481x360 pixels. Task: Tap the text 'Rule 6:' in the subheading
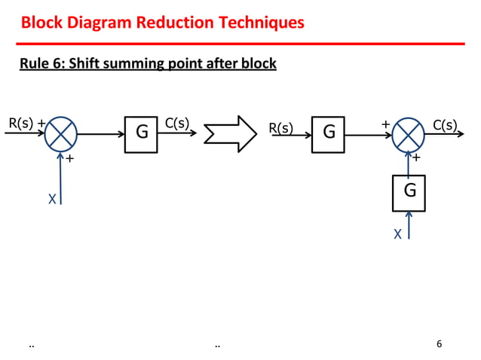43,64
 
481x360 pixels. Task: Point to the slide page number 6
440,344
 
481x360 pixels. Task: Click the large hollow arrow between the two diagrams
231,134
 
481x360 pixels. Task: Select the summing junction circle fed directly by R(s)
60,135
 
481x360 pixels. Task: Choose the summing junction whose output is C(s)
408,136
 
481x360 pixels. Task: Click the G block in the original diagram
141,135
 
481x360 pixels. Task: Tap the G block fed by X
408,193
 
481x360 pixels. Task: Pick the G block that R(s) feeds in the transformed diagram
328,135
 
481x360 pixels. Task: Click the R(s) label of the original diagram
20,124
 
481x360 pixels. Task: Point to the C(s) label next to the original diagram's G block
177,124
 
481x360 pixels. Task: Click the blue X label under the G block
397,235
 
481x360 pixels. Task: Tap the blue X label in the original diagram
51,200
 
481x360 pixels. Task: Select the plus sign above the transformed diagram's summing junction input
385,123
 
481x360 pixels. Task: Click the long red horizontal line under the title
241,44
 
